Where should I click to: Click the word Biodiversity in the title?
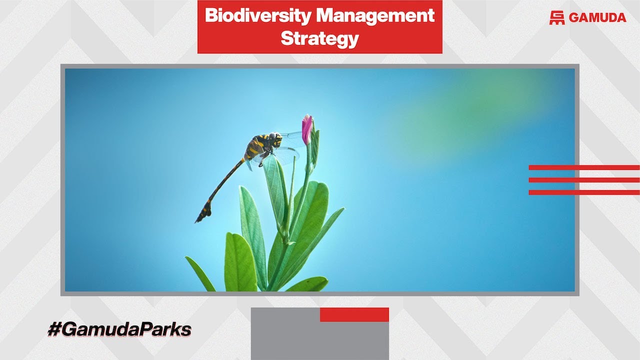tap(258, 16)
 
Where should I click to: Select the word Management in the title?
tap(375, 16)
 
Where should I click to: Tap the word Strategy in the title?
tap(319, 38)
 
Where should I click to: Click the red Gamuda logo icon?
tap(556, 17)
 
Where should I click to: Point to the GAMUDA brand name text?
tap(597, 17)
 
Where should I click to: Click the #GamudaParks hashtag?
tap(119, 330)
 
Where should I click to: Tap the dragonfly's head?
tap(274, 139)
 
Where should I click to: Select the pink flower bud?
tap(306, 128)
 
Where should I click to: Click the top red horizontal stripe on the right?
tap(583, 167)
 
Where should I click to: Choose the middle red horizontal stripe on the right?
tap(583, 180)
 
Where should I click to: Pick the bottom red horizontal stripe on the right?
tap(583, 192)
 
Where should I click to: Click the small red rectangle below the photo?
tap(354, 314)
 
